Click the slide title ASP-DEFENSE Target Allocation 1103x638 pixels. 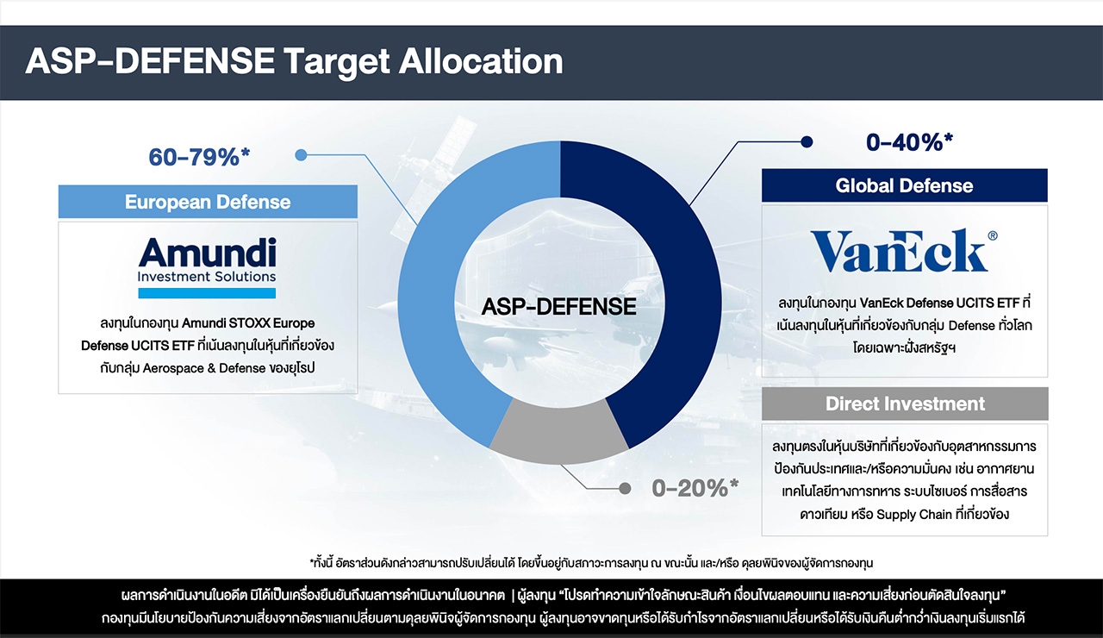coord(294,62)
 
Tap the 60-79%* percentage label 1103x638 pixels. coord(199,157)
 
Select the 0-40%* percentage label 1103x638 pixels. coord(909,142)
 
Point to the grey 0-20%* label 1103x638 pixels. coord(695,488)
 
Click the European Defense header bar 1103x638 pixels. coord(208,202)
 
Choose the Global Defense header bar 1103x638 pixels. coord(905,185)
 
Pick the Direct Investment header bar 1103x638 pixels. coord(905,403)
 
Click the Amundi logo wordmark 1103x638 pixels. coord(208,253)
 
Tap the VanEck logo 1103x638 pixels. coord(902,250)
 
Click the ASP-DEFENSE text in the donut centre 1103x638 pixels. coord(559,306)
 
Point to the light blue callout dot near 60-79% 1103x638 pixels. coord(301,155)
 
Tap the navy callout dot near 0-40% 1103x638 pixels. coord(807,142)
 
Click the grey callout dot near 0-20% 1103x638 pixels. coord(625,488)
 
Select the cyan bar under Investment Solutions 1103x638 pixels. coord(207,293)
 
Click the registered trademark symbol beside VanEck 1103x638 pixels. coord(993,235)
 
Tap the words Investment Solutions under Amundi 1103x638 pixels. coord(207,277)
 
